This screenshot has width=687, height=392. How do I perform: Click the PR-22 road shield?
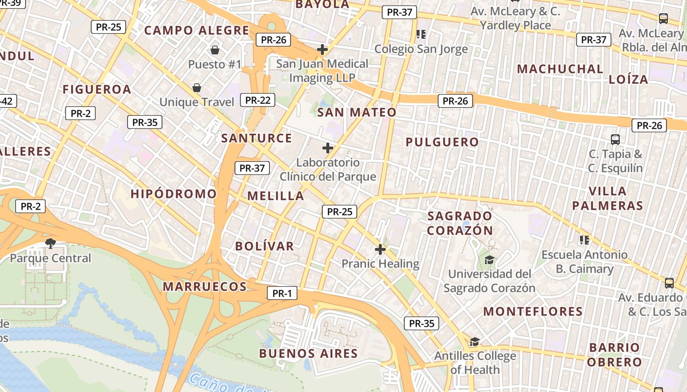(x=258, y=100)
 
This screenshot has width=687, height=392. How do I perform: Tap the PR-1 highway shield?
(x=282, y=294)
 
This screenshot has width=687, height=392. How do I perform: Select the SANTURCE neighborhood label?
(x=257, y=138)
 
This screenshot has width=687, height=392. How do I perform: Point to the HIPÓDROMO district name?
(x=174, y=194)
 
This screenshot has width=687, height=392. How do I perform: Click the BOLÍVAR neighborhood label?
(x=264, y=246)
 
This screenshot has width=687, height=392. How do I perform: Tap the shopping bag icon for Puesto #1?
(x=214, y=50)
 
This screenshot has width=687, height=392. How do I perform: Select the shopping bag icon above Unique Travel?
(x=197, y=88)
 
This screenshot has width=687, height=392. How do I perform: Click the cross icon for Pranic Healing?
(x=380, y=249)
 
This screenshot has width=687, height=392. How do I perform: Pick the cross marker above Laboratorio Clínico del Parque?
(x=328, y=148)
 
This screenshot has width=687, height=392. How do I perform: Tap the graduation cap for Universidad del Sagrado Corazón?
(x=489, y=260)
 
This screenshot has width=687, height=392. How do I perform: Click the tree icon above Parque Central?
(x=50, y=243)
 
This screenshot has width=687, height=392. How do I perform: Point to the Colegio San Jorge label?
(x=421, y=49)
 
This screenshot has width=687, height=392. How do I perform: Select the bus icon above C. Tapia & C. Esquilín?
(x=615, y=140)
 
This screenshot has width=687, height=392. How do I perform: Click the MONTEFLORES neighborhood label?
(x=533, y=312)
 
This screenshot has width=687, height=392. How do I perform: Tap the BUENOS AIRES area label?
(x=309, y=353)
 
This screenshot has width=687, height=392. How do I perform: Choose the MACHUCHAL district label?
(x=560, y=69)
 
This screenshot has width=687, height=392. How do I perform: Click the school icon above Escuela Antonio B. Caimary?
(x=584, y=240)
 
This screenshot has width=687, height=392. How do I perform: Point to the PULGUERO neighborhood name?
(x=442, y=142)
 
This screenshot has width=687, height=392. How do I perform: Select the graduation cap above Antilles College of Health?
(x=475, y=342)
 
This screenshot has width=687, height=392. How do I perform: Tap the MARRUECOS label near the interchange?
(x=205, y=287)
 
